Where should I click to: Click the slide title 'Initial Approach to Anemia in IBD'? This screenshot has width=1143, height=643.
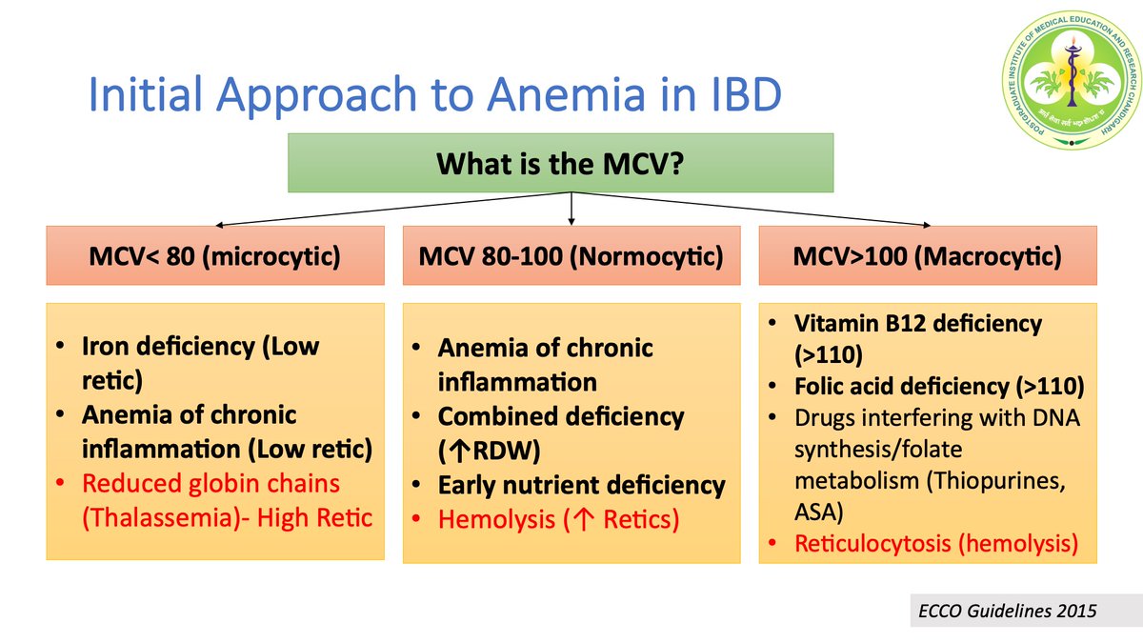pos(434,97)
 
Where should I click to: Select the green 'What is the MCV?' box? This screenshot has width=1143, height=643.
pos(561,163)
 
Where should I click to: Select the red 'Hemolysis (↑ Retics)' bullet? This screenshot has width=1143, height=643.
pos(558,521)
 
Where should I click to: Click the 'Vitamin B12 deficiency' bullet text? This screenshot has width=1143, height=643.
pos(918,323)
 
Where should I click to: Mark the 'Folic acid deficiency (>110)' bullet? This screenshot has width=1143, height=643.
pos(937,387)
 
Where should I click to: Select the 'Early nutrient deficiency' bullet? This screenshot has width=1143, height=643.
pos(581,485)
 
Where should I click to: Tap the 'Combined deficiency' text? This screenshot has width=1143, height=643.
pos(560,416)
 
